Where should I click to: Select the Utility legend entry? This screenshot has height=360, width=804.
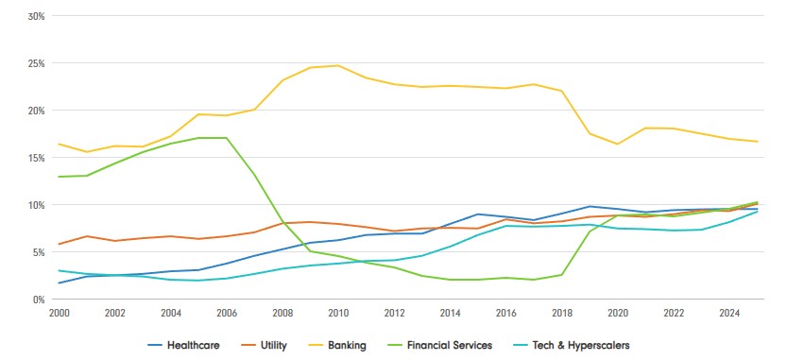pos(264,345)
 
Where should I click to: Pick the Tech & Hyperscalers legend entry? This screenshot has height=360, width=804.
pos(571,345)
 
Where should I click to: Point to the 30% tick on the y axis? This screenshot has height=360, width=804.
pos(36,16)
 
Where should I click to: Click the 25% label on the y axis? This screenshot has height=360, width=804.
pos(36,63)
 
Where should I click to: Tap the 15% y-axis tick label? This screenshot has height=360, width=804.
pos(36,158)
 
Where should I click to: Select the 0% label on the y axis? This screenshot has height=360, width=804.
pos(39,300)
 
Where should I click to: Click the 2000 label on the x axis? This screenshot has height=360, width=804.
pos(58,313)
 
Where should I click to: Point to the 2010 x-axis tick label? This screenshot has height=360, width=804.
pos(338,313)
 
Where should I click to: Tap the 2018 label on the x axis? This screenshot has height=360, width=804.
pos(562,313)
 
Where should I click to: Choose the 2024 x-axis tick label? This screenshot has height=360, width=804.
pos(730,313)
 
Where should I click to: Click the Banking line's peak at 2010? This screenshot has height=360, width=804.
pos(338,65)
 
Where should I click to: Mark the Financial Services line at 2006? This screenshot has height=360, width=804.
pos(226,137)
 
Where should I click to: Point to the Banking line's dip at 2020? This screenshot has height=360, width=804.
pos(619,145)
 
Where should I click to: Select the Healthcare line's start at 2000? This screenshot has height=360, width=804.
pos(58,283)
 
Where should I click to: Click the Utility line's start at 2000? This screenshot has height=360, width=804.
pos(58,244)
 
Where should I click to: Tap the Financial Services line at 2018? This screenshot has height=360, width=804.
pos(562,275)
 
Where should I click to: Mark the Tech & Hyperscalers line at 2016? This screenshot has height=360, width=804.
pos(506,226)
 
